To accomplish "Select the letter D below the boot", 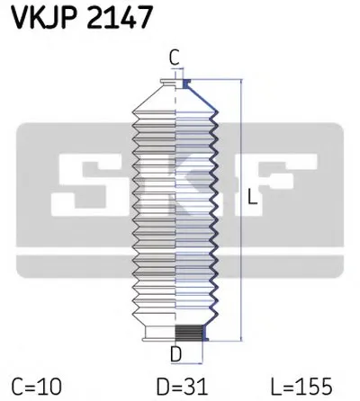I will pos(177,352).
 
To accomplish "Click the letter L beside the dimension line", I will pos(253,203).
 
